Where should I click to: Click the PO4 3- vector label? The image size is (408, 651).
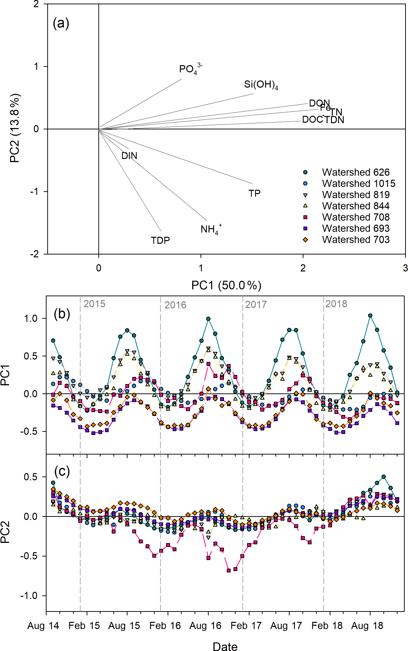click(x=190, y=69)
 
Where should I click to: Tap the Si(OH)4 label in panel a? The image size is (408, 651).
click(x=261, y=85)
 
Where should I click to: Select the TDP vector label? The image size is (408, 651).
click(x=160, y=240)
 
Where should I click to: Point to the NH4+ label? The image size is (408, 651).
click(x=211, y=229)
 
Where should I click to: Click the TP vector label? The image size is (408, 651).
click(x=254, y=193)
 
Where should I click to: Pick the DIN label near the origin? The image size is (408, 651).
click(x=129, y=156)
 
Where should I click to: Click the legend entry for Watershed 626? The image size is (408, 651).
click(x=355, y=172)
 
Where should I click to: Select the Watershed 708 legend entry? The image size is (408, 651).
click(x=355, y=217)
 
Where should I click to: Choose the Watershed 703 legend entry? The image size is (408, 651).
click(x=355, y=239)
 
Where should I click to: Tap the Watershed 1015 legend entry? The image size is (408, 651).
click(x=358, y=183)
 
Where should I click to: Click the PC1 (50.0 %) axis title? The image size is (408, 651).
click(x=226, y=285)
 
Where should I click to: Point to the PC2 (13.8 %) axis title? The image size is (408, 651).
click(x=15, y=128)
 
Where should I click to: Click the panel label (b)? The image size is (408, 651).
click(x=62, y=314)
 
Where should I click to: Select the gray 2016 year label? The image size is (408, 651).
click(x=175, y=305)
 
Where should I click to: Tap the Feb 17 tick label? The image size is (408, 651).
click(x=246, y=625)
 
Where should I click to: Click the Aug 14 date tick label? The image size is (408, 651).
click(x=43, y=625)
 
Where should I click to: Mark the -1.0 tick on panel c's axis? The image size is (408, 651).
click(x=29, y=595)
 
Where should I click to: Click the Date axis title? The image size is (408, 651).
click(x=225, y=646)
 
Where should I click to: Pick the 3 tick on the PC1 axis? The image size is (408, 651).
click(x=405, y=268)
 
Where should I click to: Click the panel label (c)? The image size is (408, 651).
click(x=62, y=471)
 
